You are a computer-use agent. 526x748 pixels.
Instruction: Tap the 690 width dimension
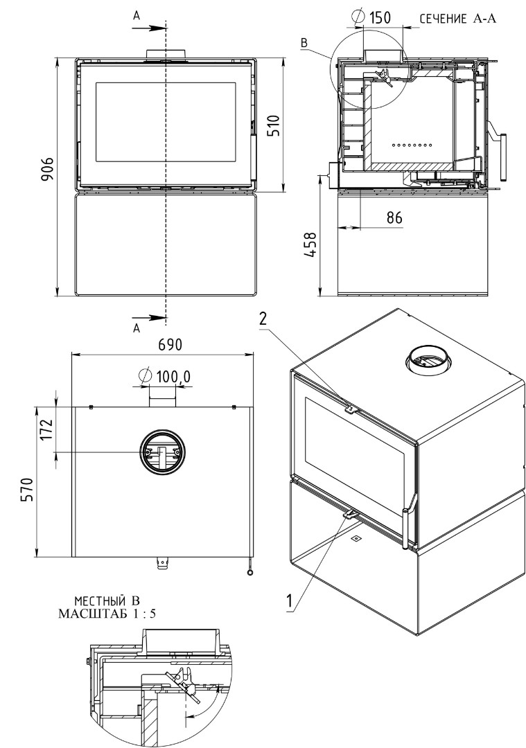tap(170, 344)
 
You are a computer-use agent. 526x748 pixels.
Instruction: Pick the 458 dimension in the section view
tap(310, 244)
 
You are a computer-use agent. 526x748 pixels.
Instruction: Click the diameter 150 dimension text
tap(371, 17)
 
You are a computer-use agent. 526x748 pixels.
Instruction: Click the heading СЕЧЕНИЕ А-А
tap(458, 19)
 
